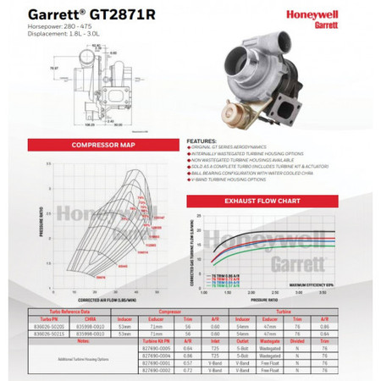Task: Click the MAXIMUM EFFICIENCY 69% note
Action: (x=302, y=285)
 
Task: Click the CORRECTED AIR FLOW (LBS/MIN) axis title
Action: (x=102, y=300)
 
